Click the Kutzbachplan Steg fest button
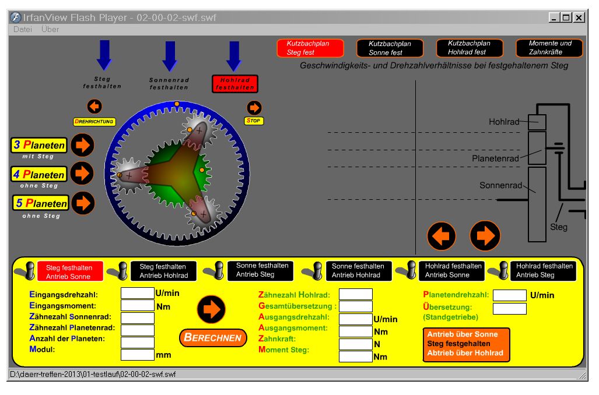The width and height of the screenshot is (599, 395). coord(303,48)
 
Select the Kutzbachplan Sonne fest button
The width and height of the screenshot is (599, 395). coord(390,48)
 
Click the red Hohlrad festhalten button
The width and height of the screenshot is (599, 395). coord(234,84)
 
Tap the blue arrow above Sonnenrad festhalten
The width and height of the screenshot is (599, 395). coord(170,56)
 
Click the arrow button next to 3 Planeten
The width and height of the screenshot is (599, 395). coord(82,145)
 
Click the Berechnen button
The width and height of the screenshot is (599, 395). coord(213,337)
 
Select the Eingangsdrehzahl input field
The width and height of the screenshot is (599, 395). coord(137,293)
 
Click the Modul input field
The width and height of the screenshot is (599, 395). coord(137,354)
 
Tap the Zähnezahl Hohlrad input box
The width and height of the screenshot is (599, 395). coord(355,294)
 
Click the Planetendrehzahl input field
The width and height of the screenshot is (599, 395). coord(509,295)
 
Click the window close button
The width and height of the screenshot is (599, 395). coord(578,18)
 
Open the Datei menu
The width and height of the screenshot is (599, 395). coord(23,29)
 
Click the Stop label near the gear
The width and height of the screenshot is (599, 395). coord(254,121)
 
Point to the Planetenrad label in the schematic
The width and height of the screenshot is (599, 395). coord(495,158)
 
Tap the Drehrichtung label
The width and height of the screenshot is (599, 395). coord(94,122)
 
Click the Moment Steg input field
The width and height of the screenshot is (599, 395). coord(355,356)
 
